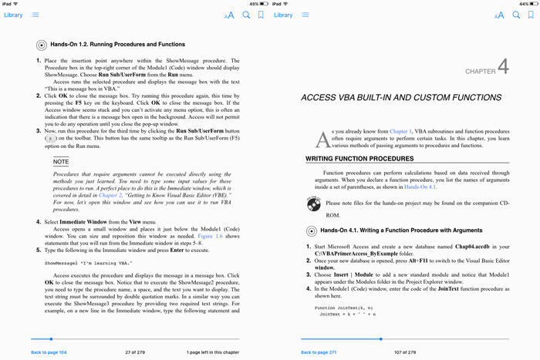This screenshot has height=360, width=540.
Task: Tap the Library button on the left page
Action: [x=13, y=15]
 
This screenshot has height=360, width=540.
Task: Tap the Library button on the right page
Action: [x=283, y=15]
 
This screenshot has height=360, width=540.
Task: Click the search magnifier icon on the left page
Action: [x=247, y=15]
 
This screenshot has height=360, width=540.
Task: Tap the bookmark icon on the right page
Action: [x=531, y=15]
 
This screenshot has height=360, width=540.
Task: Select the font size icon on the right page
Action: [x=499, y=15]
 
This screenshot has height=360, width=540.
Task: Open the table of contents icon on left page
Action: [x=35, y=15]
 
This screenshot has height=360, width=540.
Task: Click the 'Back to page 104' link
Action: [x=49, y=352]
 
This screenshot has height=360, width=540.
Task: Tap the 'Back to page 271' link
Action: [x=319, y=352]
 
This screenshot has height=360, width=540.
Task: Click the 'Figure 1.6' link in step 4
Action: [x=211, y=236]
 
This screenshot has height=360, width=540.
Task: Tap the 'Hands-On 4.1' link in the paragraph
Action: [x=420, y=187]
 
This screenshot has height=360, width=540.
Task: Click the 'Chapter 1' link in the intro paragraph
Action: [x=400, y=132]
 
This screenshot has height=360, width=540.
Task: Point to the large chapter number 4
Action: [x=503, y=67]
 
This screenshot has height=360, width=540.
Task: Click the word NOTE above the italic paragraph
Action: [x=61, y=162]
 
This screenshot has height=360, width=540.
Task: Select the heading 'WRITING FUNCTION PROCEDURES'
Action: [x=359, y=159]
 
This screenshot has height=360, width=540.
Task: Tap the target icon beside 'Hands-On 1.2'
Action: [x=42, y=45]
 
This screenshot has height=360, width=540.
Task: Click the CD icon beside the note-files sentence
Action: [x=313, y=204]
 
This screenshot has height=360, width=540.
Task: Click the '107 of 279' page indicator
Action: [x=405, y=352]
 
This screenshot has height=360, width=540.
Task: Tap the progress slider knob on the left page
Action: [x=51, y=338]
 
